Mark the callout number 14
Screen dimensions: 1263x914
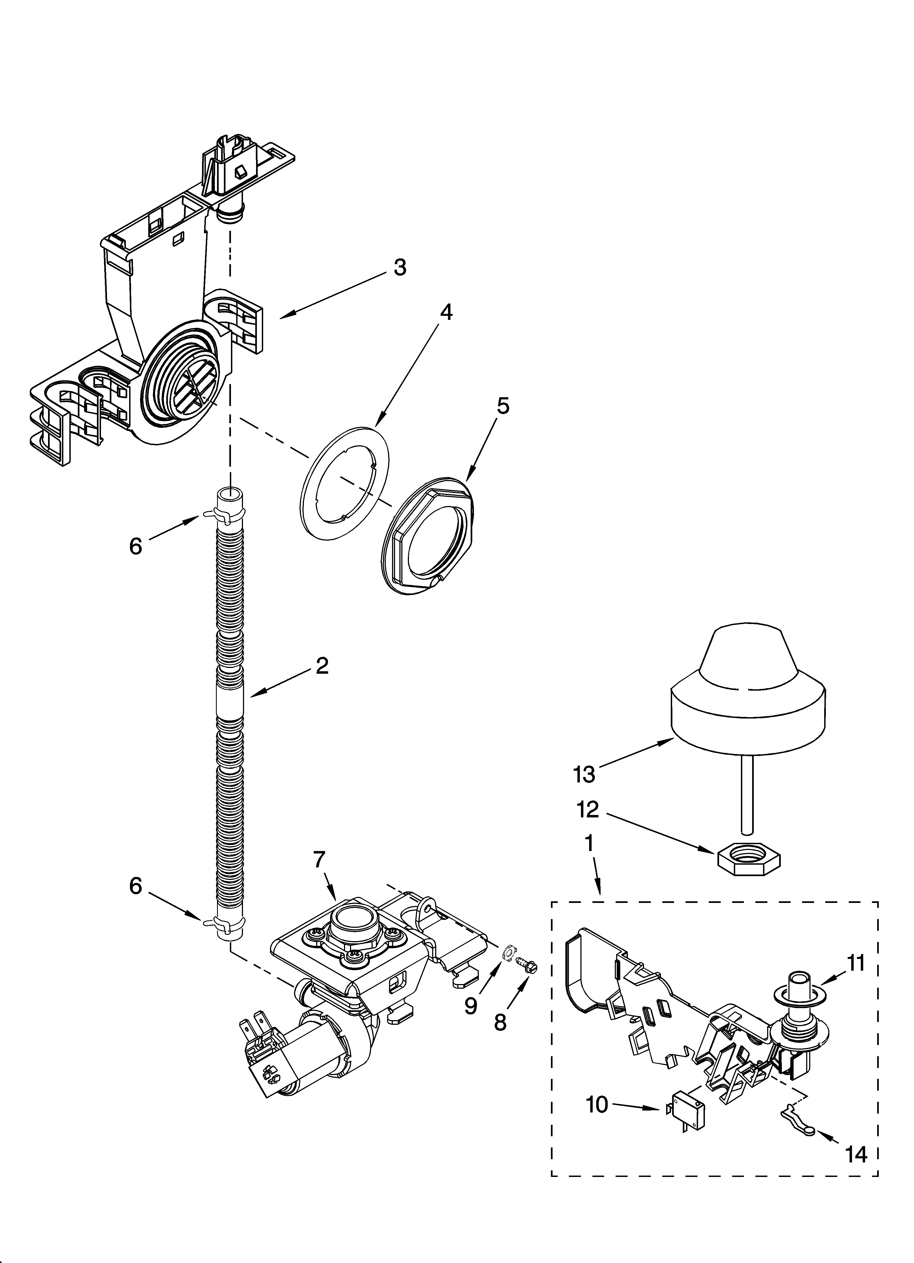pos(857,1153)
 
